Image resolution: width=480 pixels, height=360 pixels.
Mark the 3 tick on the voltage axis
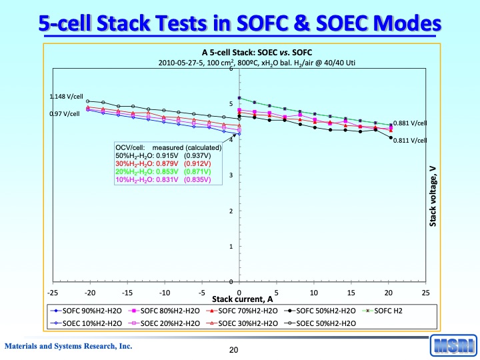[230, 175]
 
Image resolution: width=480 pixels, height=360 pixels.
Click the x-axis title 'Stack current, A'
[243, 299]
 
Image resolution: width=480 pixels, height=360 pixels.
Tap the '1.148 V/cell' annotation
[65, 97]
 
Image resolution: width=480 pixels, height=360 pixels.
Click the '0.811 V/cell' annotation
[410, 141]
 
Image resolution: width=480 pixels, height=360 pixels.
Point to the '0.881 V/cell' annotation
[410, 123]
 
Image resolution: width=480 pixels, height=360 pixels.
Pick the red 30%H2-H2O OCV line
[163, 164]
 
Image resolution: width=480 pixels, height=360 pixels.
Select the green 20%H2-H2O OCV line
[163, 172]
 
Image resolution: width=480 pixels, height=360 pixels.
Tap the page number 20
[234, 349]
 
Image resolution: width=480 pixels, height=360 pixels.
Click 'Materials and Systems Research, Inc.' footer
[69, 346]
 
